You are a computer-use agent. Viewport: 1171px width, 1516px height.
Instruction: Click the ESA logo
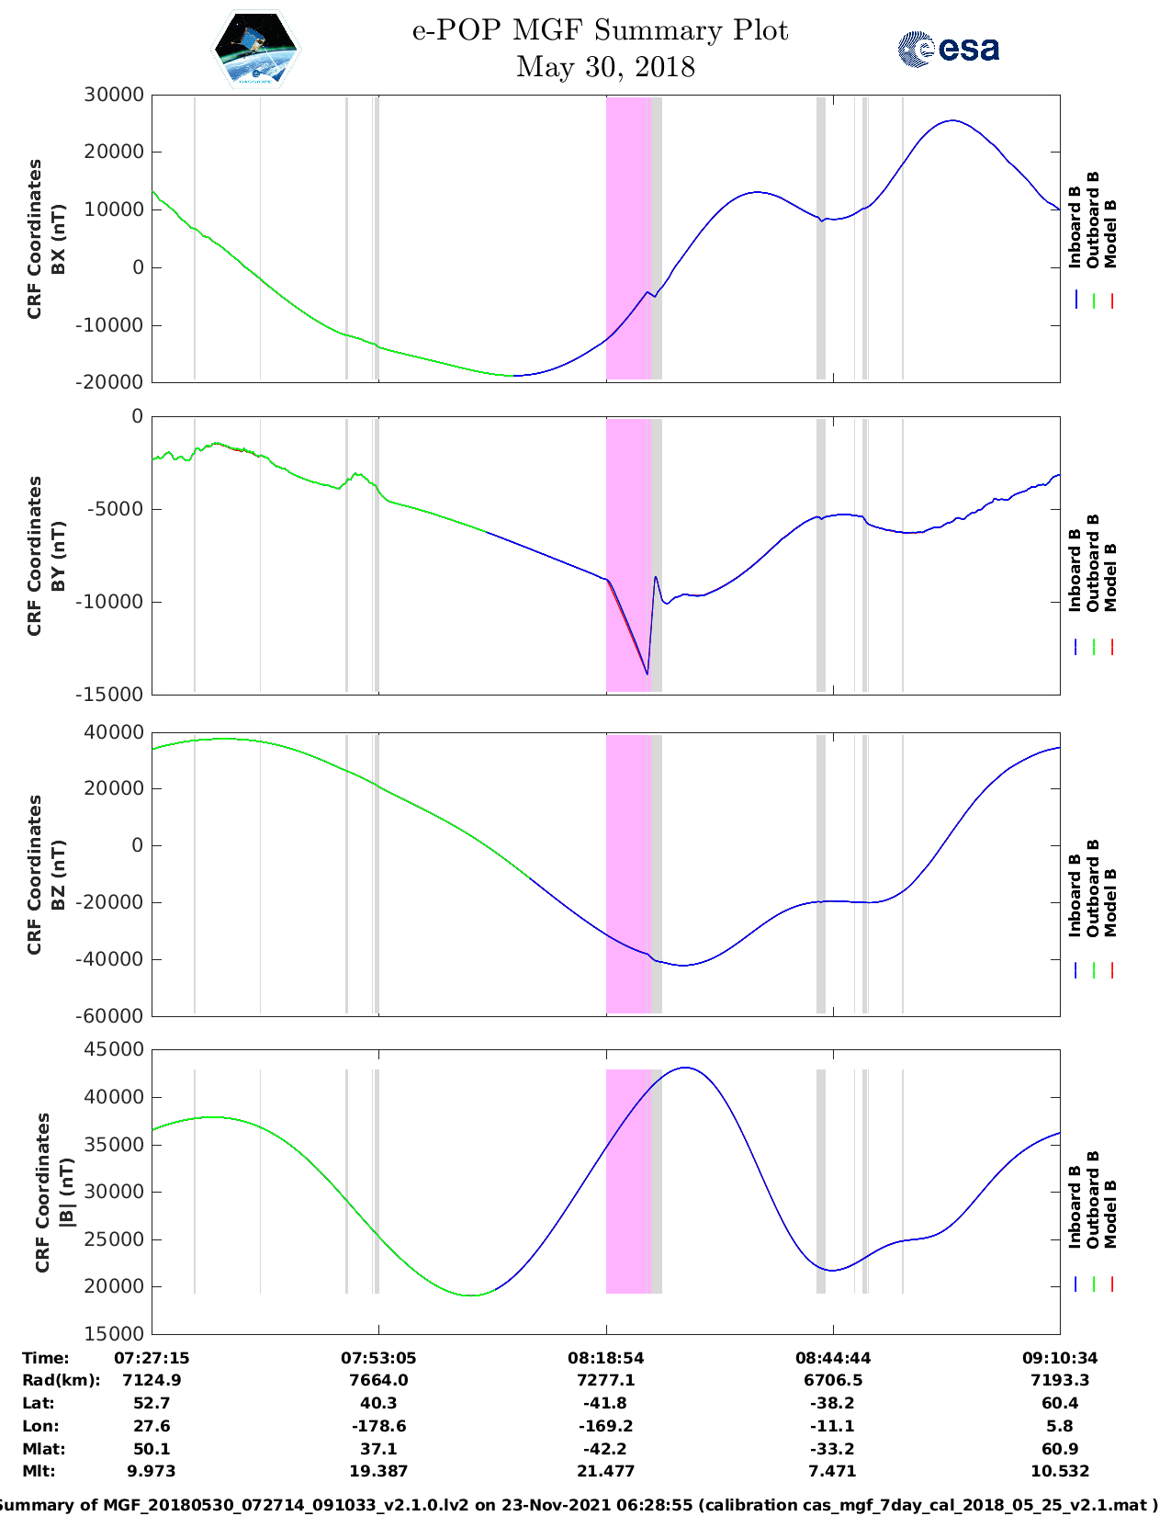coord(948,49)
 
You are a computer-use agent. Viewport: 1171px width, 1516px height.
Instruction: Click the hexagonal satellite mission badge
coord(256,50)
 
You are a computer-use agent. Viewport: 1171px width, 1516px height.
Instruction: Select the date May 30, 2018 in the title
coord(605,67)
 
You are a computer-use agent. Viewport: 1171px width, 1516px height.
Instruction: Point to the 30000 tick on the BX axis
coord(114,95)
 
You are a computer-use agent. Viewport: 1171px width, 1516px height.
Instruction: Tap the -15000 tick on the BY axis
coord(114,695)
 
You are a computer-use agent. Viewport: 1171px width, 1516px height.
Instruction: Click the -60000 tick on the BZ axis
coord(114,1016)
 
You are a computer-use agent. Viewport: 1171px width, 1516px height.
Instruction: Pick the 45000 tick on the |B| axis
coord(114,1049)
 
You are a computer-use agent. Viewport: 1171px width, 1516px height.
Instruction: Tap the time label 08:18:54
coord(605,1358)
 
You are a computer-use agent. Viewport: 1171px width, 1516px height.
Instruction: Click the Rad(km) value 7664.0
coord(378,1380)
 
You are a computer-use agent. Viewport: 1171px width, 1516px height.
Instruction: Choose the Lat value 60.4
coord(1060,1403)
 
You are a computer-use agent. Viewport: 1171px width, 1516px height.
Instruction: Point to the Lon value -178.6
coord(378,1426)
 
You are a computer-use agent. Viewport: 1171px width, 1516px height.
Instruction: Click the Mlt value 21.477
coord(605,1471)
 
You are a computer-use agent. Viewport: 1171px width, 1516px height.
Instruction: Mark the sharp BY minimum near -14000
coord(647,674)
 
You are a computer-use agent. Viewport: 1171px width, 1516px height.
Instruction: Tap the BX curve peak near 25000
coord(953,120)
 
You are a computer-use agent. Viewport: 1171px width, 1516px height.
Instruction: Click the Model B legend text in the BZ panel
coord(1110,902)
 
